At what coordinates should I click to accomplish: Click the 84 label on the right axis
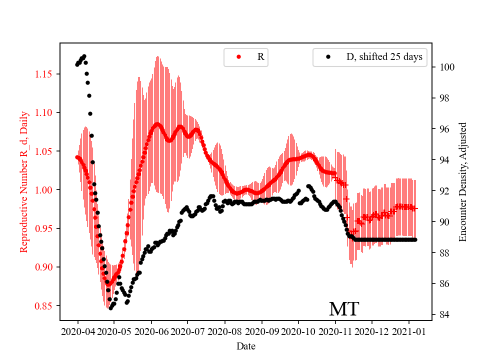(441, 314)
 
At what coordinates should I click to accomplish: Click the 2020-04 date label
(77, 331)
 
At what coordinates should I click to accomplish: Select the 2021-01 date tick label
(409, 331)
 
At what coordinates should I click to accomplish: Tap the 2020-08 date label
(225, 331)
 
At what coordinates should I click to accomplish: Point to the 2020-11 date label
(335, 331)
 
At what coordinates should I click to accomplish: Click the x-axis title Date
(245, 345)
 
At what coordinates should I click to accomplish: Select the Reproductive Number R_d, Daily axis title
(23, 181)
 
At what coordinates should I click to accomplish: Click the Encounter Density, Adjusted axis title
(462, 181)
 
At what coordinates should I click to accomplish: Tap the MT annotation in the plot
(343, 309)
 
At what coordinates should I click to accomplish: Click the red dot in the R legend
(238, 57)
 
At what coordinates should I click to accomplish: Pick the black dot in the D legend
(328, 57)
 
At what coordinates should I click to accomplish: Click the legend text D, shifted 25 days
(384, 57)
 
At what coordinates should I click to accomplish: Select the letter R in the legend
(260, 57)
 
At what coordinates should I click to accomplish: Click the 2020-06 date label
(151, 331)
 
